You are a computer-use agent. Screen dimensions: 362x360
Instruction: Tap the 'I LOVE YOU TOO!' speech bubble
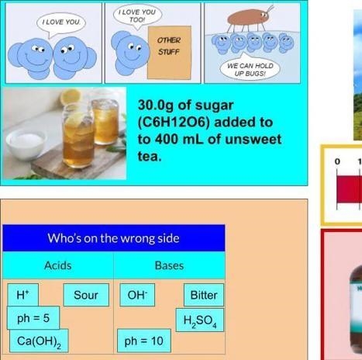pos(137,16)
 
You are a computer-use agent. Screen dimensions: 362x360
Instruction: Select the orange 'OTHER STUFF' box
pos(169,52)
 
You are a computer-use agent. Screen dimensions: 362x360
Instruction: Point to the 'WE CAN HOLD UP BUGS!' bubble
pos(250,67)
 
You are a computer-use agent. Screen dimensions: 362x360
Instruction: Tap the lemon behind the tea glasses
pos(71,96)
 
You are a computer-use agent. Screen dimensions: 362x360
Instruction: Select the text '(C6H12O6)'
pos(174,123)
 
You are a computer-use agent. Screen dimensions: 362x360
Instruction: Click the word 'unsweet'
pos(253,139)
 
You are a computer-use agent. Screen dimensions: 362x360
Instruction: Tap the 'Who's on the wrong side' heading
pos(114,238)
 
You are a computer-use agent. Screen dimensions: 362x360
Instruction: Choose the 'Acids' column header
pos(58,265)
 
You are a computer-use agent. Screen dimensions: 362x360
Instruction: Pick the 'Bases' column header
pos(169,265)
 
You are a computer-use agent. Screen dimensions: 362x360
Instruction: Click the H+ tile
pos(23,295)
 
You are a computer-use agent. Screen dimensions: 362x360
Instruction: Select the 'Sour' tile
pos(86,295)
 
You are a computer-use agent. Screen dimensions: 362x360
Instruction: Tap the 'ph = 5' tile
pos(33,318)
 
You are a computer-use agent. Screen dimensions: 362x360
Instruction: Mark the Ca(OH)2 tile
pos(39,341)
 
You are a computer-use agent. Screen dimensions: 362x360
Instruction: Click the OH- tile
pos(137,295)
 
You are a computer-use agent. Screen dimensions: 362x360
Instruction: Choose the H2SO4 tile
pos(200,320)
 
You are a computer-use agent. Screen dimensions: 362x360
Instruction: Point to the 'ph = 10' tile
pos(144,341)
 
